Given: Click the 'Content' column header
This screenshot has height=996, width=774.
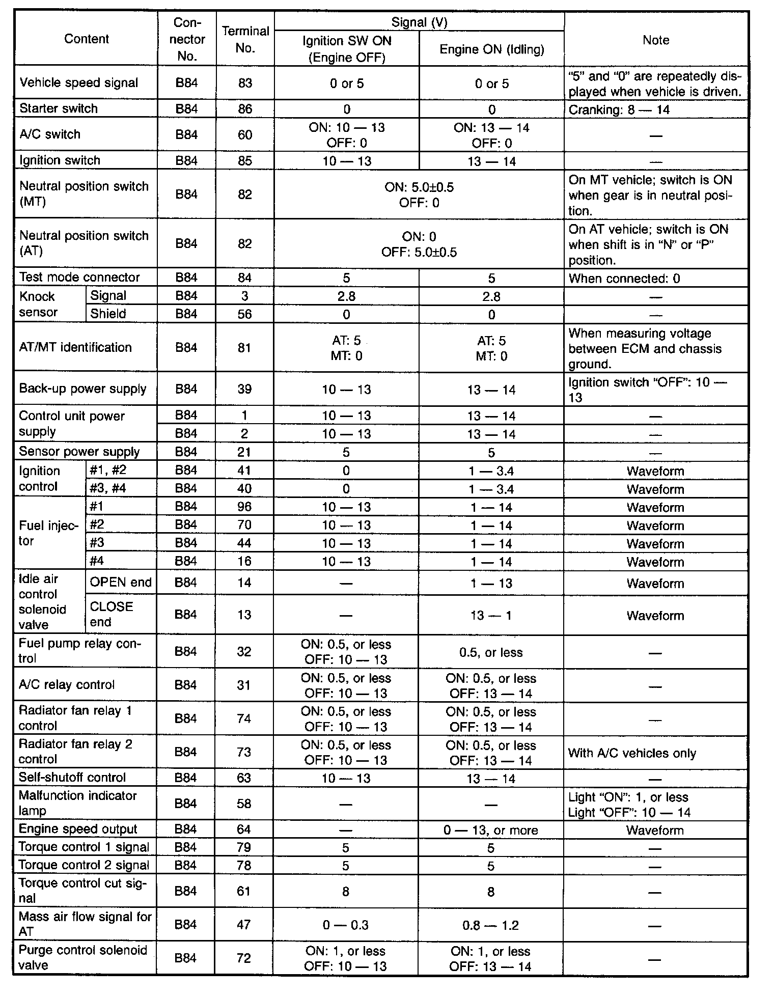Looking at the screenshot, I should pyautogui.click(x=86, y=39).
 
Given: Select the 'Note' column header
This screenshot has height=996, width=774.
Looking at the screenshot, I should pyautogui.click(x=655, y=40).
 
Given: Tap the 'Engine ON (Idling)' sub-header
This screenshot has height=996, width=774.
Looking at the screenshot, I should pyautogui.click(x=491, y=49).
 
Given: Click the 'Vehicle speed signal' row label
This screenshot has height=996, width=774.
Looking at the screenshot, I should pyautogui.click(x=78, y=83).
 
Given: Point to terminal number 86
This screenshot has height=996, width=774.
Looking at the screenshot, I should pyautogui.click(x=245, y=109).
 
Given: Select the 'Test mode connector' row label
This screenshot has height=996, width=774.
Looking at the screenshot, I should pyautogui.click(x=79, y=278).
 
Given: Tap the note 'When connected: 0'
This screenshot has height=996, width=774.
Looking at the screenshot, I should pyautogui.click(x=624, y=279).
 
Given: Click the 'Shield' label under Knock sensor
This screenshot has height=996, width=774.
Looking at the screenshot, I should pyautogui.click(x=108, y=314).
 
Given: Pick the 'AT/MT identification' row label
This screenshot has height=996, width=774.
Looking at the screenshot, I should pyautogui.click(x=75, y=347).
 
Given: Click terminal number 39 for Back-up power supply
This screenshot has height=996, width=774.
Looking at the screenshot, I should pyautogui.click(x=244, y=389).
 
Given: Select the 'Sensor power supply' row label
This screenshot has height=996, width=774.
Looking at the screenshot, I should pyautogui.click(x=79, y=452).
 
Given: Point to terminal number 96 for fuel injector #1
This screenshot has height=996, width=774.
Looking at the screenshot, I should pyautogui.click(x=244, y=507).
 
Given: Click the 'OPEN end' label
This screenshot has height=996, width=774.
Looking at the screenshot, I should pyautogui.click(x=121, y=583).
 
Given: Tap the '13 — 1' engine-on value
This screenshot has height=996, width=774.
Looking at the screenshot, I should pyautogui.click(x=491, y=616).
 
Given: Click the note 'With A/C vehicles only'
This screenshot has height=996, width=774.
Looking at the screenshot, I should pyautogui.click(x=632, y=753).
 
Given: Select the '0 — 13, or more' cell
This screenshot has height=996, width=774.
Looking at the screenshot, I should pyautogui.click(x=490, y=831).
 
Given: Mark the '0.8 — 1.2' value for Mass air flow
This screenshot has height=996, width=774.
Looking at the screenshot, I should pyautogui.click(x=490, y=925).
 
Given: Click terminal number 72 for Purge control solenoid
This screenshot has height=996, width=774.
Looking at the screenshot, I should pyautogui.click(x=244, y=958).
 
